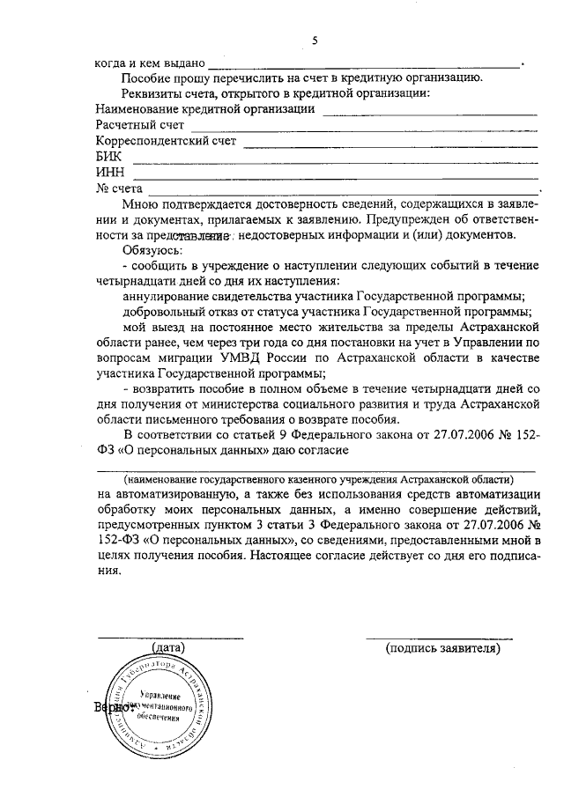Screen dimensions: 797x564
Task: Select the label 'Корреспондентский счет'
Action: [165, 141]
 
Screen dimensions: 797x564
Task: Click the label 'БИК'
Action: [108, 157]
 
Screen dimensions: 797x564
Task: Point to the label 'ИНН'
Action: [109, 173]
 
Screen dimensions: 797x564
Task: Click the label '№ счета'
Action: [118, 188]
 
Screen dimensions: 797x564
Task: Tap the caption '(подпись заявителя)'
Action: [442, 648]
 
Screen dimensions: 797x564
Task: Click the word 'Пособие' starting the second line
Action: [147, 80]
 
